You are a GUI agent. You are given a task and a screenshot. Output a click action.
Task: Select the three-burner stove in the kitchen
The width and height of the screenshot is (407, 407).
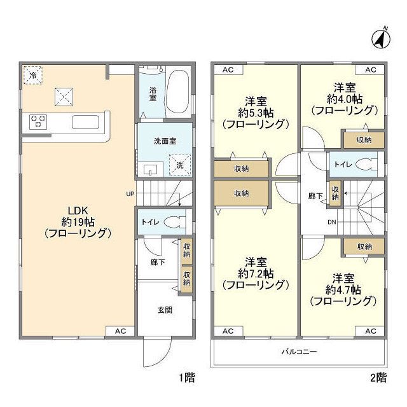pos(38,121)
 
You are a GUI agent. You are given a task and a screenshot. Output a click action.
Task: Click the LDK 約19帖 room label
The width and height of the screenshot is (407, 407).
pos(78,221)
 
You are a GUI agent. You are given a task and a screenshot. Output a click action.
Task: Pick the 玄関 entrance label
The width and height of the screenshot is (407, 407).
pos(165,310)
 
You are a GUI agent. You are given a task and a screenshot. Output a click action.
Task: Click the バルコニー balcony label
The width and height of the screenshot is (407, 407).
pos(299,351)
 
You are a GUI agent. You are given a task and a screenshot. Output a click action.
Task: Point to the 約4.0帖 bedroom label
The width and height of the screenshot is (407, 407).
pos(344,99)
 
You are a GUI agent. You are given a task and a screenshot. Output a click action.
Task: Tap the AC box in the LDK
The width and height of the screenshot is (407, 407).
pos(121,331)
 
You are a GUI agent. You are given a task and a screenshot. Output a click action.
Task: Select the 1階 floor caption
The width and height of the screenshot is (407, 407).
pos(186,378)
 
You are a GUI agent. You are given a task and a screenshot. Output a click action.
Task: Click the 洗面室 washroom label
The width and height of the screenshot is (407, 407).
pos(164,141)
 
